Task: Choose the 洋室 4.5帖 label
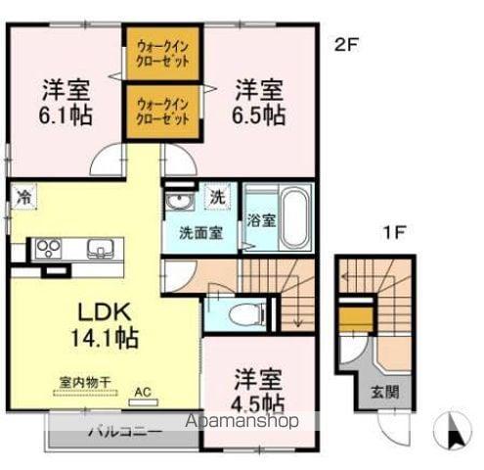pos(258,390)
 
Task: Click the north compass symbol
pos(454,428)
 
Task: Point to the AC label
pos(144,394)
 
